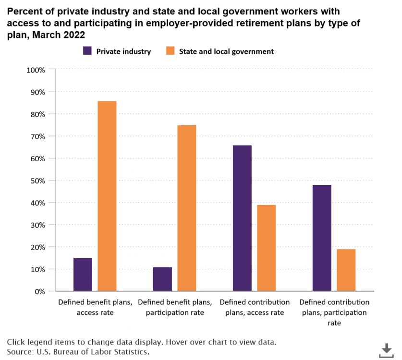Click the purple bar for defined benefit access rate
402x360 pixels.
coord(83,275)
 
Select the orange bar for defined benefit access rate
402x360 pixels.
coord(107,196)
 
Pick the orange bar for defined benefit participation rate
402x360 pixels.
coord(187,208)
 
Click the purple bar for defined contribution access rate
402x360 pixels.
coord(242,218)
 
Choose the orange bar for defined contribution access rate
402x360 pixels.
coord(267,248)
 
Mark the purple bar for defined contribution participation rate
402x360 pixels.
coord(322,238)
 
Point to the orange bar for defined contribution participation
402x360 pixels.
coord(346,270)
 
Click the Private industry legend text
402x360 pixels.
coord(123,51)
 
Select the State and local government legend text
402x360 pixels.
coord(226,51)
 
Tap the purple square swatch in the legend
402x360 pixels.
coord(88,51)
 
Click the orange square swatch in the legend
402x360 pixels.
coord(171,51)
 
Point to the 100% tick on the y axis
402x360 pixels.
coord(36,70)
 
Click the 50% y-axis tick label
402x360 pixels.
coord(37,180)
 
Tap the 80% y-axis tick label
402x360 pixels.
coord(37,114)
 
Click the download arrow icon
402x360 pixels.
coord(386,350)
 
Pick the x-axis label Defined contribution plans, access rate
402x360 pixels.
coord(255,307)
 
